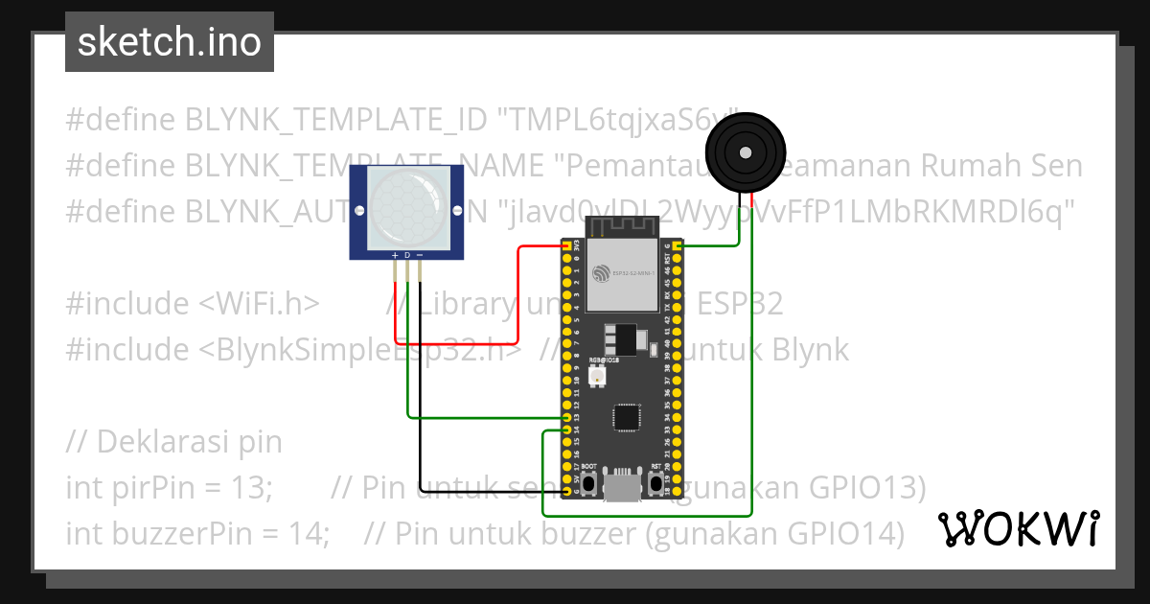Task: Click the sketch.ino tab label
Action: (169, 42)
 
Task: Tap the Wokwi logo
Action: (1018, 528)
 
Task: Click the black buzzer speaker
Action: (744, 151)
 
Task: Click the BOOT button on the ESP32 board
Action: (589, 482)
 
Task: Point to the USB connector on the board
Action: (623, 487)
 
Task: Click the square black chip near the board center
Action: (626, 417)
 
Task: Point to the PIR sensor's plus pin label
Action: (395, 255)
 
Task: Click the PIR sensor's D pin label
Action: (407, 255)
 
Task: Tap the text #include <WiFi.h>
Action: (192, 304)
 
